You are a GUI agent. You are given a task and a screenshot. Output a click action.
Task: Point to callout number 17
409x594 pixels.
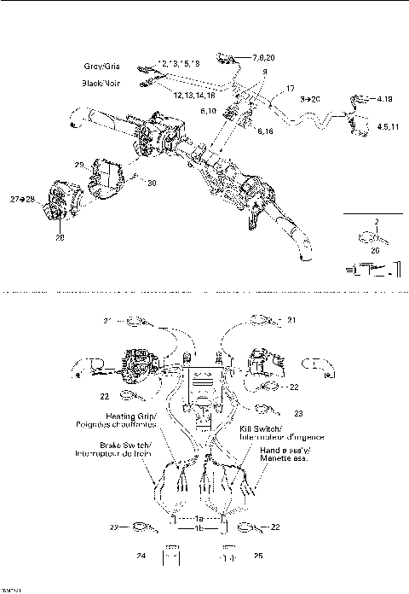(x=291, y=89)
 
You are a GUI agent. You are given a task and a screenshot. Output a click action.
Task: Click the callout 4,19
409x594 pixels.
(x=384, y=100)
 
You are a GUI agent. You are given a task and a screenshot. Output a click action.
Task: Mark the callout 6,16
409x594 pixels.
(x=265, y=133)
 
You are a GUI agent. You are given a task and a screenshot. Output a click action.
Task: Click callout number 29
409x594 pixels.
(x=78, y=164)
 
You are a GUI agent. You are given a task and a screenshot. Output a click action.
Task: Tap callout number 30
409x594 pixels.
(x=151, y=183)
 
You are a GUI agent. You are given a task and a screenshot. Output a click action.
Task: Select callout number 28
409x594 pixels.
(x=60, y=237)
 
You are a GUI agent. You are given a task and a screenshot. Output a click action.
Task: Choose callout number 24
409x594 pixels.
(x=140, y=556)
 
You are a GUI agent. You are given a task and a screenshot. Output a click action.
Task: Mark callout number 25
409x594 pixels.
(x=256, y=556)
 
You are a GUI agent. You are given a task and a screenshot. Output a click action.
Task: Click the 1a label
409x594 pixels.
(x=199, y=518)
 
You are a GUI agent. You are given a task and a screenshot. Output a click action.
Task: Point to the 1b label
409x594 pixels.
(x=199, y=528)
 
